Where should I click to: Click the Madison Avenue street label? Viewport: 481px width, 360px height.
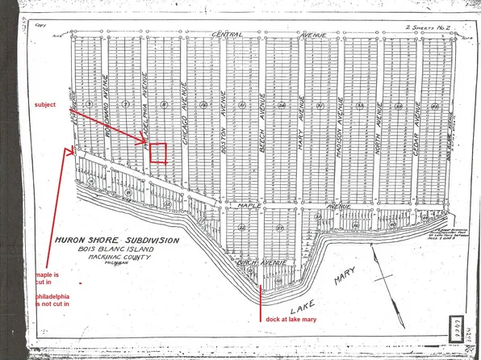pos(340,128)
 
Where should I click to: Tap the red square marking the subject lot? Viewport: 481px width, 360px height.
pos(159,153)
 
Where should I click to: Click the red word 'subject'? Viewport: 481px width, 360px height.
pos(48,106)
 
